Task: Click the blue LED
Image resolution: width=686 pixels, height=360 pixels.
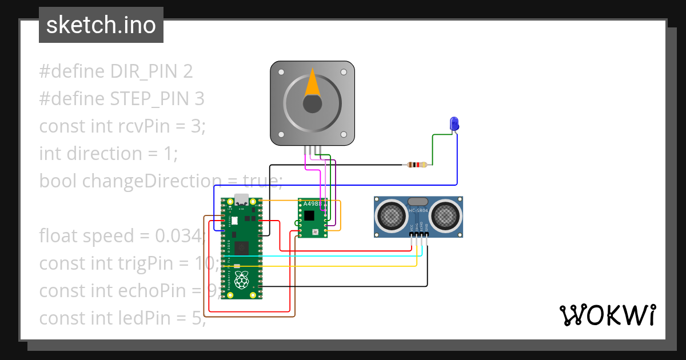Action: pos(454,123)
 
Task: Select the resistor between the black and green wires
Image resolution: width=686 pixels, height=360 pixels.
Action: pos(416,165)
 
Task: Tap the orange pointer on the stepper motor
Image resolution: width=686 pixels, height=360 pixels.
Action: pos(312,82)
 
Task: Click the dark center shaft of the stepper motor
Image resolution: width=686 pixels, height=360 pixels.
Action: pos(312,104)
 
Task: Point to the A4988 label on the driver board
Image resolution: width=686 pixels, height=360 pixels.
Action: pos(312,203)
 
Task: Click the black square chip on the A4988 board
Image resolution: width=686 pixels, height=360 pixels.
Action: pos(309,215)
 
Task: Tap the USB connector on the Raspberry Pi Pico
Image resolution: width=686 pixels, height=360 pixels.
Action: pos(241,200)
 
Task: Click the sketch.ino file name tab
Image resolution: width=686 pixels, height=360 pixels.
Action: pos(101,25)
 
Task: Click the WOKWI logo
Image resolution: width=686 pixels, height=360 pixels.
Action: pos(607,315)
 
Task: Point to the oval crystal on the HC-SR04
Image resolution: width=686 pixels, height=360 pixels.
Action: pos(418,201)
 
